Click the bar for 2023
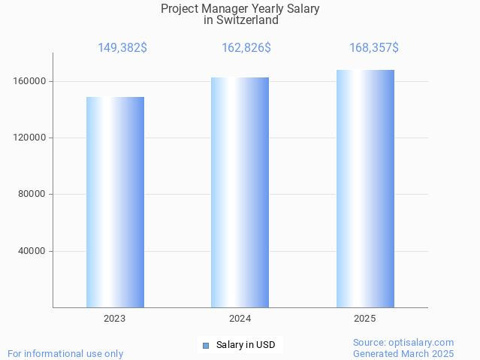pos(115,202)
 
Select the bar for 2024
pos(240,192)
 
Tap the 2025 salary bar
pos(365,189)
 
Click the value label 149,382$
pos(122,48)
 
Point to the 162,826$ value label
pos(246,48)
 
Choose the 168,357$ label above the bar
pos(374,48)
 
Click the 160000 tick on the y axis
pos(29,81)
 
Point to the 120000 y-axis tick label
pos(29,138)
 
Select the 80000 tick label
pos(31,195)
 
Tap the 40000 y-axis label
pos(31,251)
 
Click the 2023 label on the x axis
pos(115,319)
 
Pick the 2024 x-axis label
pos(240,319)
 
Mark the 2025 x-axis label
pos(365,319)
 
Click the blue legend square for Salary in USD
pos(205,346)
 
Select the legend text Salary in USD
pos(246,346)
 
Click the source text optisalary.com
pos(422,343)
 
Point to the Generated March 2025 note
pos(403,353)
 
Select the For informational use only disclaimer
pos(65,353)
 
